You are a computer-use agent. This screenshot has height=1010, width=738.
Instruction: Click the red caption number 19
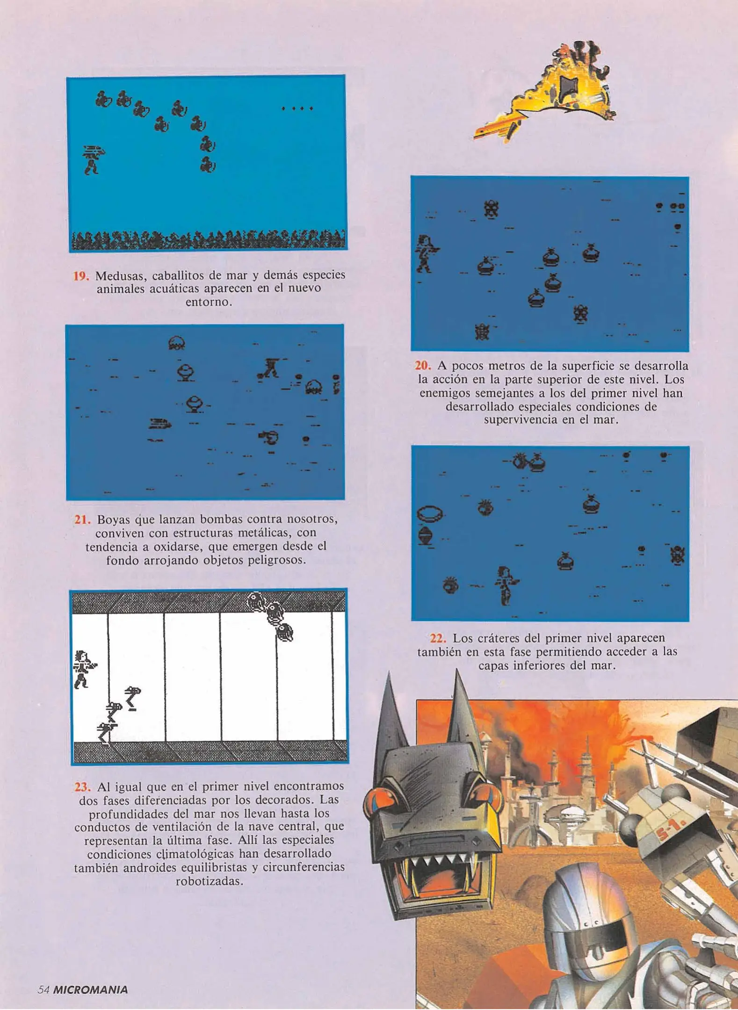point(81,276)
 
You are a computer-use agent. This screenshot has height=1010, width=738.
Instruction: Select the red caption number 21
point(82,519)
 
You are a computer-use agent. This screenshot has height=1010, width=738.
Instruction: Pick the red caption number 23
point(82,786)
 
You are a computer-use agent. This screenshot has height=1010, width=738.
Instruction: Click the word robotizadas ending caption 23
point(209,882)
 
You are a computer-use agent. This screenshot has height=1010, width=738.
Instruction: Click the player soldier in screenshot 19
point(93,159)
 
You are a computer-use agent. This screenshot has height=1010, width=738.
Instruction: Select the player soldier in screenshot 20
point(427,253)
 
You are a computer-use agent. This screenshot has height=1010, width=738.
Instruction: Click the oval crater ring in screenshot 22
point(430,514)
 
